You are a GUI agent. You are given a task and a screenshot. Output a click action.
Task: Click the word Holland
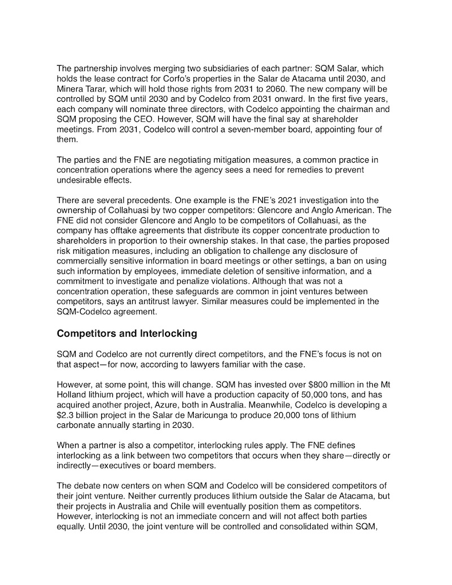[72, 395]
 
